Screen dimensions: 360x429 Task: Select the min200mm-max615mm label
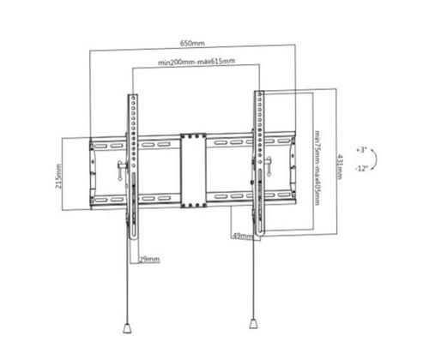coord(196,63)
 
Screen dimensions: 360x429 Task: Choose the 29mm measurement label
coord(148,257)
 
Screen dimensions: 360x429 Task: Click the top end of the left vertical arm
coord(133,96)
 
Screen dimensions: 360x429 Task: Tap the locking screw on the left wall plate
coord(117,169)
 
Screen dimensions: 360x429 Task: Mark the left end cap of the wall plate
coord(92,171)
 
